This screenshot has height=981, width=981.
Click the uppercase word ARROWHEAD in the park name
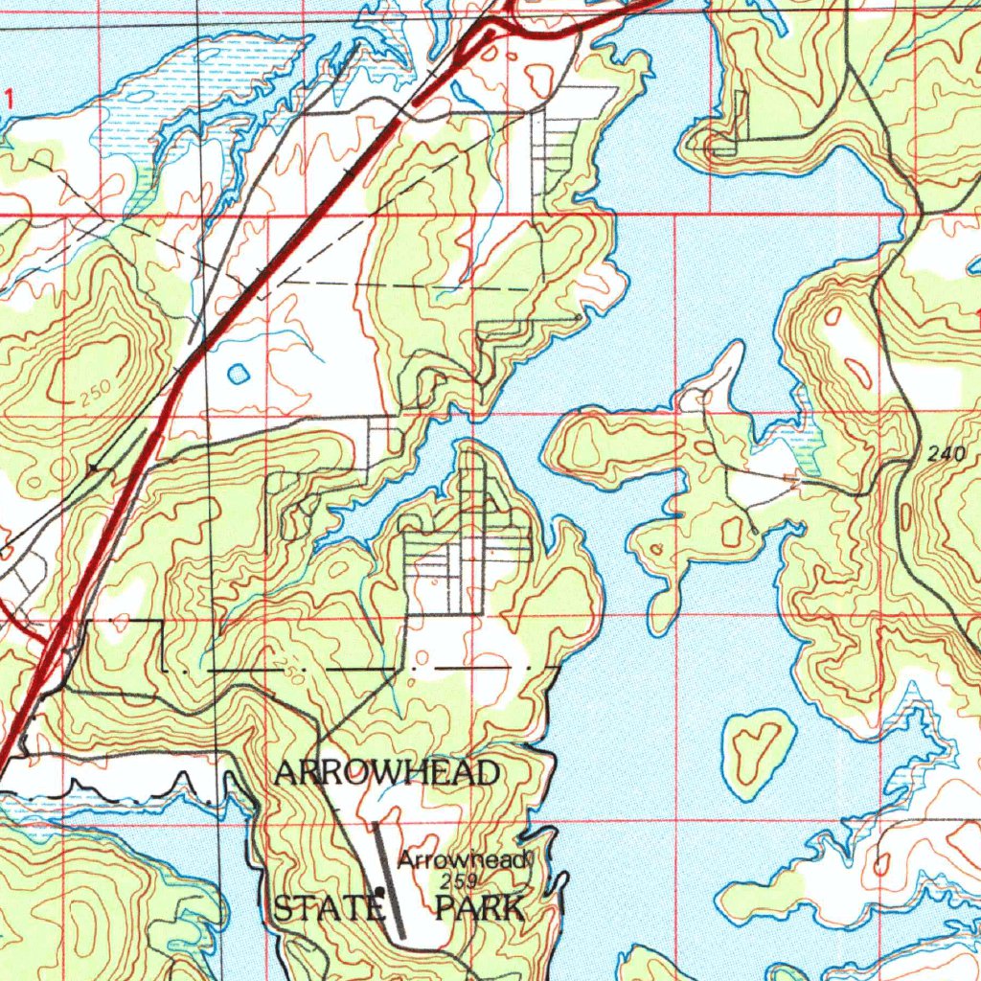point(387,772)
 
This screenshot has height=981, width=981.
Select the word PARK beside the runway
point(480,907)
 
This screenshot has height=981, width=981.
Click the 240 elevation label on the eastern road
point(946,456)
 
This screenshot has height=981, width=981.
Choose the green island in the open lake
point(757,751)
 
